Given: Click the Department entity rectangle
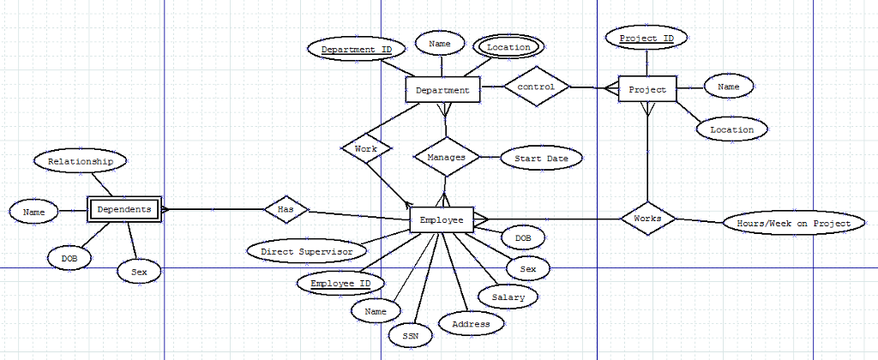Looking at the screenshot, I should point(442,90).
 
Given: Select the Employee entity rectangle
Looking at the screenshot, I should point(442,220).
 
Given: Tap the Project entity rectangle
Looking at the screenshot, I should point(647,89).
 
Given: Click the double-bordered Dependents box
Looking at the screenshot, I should point(124,208).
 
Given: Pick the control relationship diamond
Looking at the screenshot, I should point(537,87).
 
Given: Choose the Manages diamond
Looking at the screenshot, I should point(446,158).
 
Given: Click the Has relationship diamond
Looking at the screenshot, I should point(286,209).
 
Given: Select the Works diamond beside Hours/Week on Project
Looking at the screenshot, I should point(647,219).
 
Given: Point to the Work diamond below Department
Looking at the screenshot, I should point(366,148).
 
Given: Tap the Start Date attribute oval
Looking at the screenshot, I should point(534,158).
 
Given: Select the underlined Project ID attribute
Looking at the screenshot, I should point(646,39).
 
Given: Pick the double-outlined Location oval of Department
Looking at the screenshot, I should point(508,47).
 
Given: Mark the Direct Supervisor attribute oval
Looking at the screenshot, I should point(306,252).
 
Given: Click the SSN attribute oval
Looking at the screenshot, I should point(411,335).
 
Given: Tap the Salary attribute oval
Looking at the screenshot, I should point(508,297).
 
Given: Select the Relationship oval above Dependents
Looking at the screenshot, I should point(80,161).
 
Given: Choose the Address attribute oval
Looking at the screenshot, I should point(471,324).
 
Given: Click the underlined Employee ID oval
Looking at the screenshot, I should point(340,284).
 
